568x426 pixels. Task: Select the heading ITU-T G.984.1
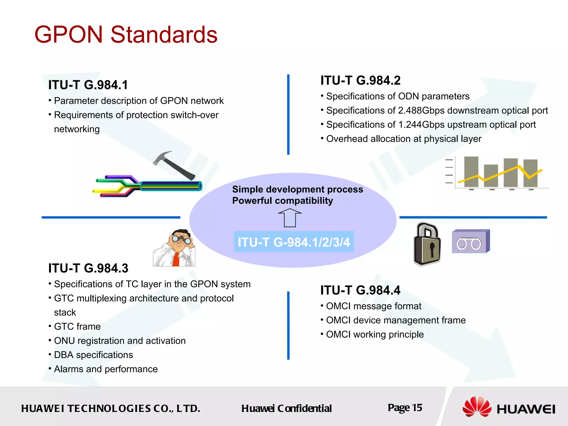(x=88, y=85)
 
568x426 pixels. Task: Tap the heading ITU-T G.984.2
(x=360, y=80)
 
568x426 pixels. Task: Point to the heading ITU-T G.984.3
(x=88, y=268)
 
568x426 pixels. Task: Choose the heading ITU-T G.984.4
(x=360, y=290)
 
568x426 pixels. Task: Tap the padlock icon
(x=427, y=244)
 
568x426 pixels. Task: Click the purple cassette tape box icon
(x=471, y=242)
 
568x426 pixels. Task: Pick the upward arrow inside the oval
(x=290, y=218)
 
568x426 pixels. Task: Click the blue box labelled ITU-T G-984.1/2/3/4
(x=294, y=242)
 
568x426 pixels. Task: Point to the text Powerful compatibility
(x=282, y=201)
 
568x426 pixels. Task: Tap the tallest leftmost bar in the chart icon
(x=471, y=172)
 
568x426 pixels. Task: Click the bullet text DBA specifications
(x=93, y=355)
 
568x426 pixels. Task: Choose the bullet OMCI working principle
(x=375, y=334)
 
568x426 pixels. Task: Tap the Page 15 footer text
(x=405, y=408)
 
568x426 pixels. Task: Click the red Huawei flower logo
(x=476, y=407)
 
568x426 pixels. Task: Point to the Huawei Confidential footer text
(x=286, y=409)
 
